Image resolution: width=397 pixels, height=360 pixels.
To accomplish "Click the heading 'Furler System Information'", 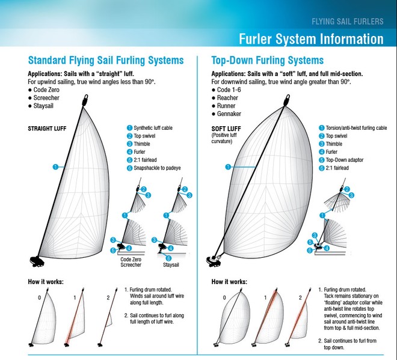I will (x=310, y=39).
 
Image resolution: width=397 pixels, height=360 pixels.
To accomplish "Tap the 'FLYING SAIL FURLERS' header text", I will (x=347, y=22).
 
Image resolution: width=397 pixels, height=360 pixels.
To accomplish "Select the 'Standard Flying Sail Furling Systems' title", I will (x=106, y=61).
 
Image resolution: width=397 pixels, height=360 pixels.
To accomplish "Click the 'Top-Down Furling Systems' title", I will (x=267, y=61).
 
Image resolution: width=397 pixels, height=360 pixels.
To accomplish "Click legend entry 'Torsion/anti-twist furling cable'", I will (x=356, y=128).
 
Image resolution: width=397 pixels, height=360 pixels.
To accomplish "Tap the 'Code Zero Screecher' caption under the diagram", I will (x=131, y=261).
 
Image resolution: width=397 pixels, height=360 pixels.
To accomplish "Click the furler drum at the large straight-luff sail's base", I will (x=35, y=261).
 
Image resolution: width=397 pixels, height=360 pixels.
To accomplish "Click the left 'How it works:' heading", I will (x=46, y=281).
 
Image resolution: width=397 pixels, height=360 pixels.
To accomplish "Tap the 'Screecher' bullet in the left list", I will (x=51, y=97).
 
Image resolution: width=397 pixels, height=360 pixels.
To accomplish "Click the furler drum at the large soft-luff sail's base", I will (x=213, y=261).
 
